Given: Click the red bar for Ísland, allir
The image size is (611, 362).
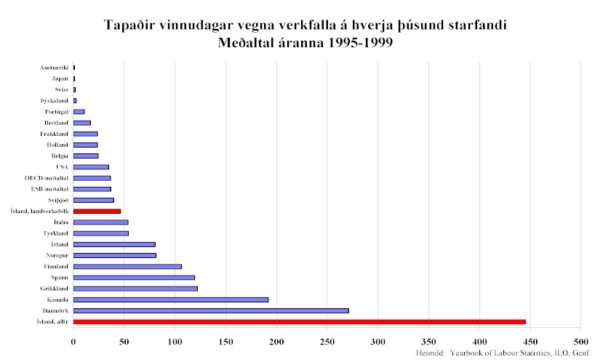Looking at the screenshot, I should (299, 321).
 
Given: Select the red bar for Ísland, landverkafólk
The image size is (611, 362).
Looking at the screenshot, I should (97, 211).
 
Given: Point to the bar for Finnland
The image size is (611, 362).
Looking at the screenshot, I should (127, 266).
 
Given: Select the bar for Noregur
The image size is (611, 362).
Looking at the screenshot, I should (115, 255).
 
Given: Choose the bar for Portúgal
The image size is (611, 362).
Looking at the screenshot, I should (79, 112).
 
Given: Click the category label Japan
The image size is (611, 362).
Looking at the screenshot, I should (60, 79).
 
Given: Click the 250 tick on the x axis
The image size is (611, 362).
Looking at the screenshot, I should (327, 341).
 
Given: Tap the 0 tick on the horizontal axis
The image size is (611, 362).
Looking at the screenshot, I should (73, 341).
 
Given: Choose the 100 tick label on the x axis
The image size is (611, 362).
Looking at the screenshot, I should (175, 341).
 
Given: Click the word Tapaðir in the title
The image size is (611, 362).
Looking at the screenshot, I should (135, 26).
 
